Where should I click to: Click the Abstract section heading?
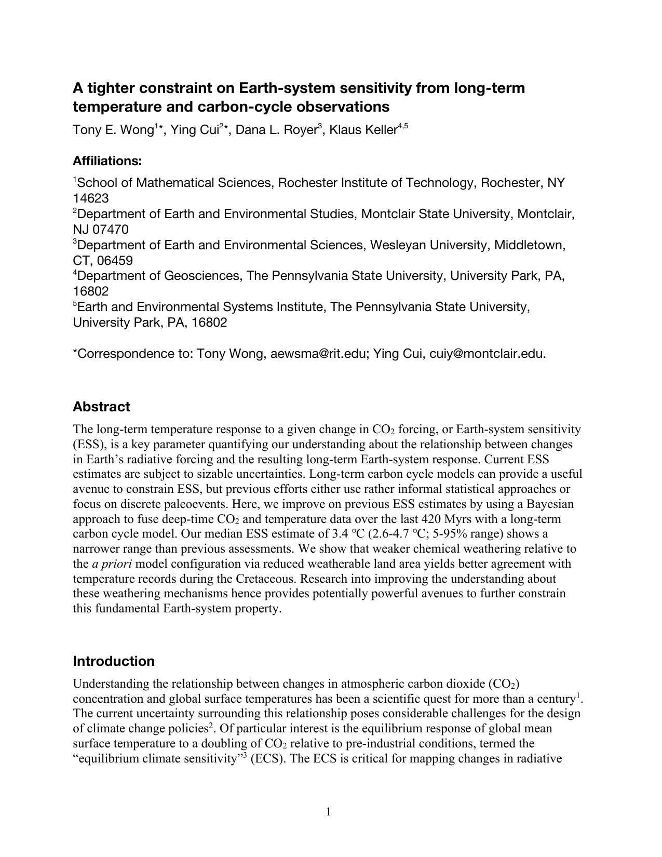click(101, 407)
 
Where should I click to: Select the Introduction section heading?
click(114, 661)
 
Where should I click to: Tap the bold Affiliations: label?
click(107, 161)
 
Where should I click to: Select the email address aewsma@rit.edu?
click(319, 354)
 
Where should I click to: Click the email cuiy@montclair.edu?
click(487, 354)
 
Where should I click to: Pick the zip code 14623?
click(91, 198)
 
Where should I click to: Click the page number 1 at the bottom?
click(328, 812)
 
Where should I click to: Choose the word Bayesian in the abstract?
click(550, 504)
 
